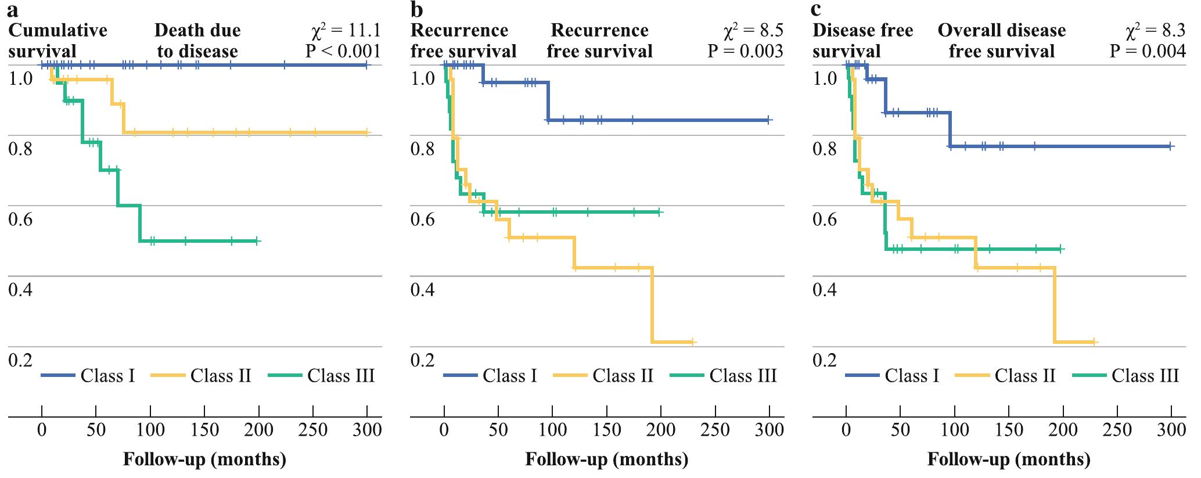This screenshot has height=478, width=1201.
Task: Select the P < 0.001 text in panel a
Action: (x=343, y=51)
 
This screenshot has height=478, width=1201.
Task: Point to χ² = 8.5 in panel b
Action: (x=754, y=30)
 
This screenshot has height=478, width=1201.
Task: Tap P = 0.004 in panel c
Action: (x=1148, y=51)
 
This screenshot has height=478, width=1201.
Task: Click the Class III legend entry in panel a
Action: (x=340, y=376)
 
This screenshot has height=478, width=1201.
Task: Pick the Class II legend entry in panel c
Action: (x=1024, y=376)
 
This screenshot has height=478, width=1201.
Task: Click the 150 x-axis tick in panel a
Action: (x=204, y=430)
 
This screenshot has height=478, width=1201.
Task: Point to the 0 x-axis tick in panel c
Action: (x=846, y=430)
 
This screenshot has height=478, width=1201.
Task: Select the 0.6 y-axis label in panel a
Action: (x=20, y=220)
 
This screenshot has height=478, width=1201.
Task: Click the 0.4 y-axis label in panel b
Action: (x=423, y=290)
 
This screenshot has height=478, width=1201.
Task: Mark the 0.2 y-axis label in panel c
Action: (x=825, y=360)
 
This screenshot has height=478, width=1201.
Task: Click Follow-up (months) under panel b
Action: (x=607, y=459)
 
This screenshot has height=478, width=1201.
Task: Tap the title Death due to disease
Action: (x=197, y=41)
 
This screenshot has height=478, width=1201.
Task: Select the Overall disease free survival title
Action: (x=1002, y=41)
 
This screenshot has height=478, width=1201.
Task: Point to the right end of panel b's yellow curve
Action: (x=693, y=342)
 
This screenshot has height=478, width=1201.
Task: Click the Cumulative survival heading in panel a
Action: (x=57, y=41)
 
